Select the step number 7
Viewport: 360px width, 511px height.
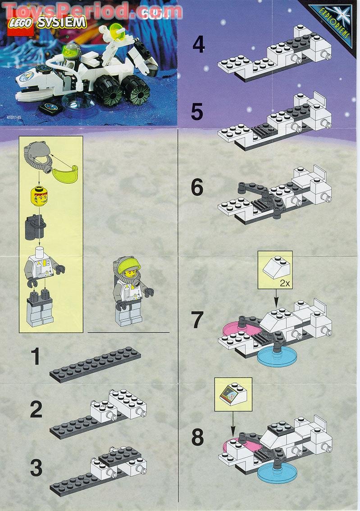coord(197,320)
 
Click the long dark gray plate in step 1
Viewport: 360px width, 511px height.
coord(95,364)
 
